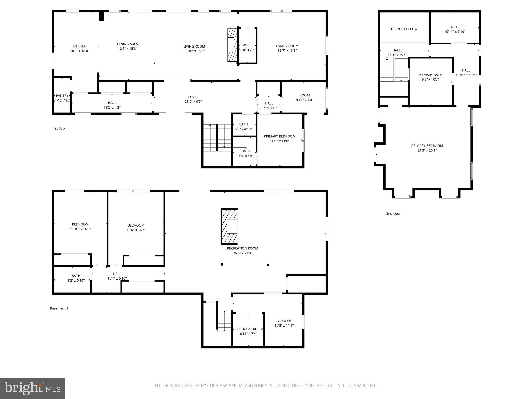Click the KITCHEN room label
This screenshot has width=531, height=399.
(x=80, y=46)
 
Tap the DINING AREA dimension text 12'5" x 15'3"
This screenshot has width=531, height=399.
(x=127, y=49)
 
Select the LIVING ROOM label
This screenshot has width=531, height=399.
(x=194, y=46)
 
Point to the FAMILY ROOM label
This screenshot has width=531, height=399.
(x=287, y=46)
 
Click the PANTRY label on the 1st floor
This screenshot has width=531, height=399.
(x=62, y=96)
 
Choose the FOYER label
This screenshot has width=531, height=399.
(x=193, y=97)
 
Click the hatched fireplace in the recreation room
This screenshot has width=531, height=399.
(x=229, y=226)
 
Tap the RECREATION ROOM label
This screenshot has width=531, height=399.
(x=242, y=248)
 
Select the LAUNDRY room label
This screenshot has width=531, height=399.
(x=284, y=321)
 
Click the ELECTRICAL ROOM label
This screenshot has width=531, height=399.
(x=248, y=329)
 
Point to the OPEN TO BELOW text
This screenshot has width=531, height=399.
(x=404, y=29)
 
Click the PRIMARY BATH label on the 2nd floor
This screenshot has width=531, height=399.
(x=430, y=75)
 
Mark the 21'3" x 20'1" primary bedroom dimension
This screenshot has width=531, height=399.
(x=427, y=150)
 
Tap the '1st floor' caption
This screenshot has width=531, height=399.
(x=60, y=128)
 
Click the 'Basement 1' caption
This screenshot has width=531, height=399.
(x=59, y=308)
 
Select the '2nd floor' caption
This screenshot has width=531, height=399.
(x=393, y=214)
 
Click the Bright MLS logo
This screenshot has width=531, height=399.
(x=32, y=388)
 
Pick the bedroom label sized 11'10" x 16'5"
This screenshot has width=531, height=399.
(x=80, y=224)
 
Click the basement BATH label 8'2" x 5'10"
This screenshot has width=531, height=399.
(x=76, y=276)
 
